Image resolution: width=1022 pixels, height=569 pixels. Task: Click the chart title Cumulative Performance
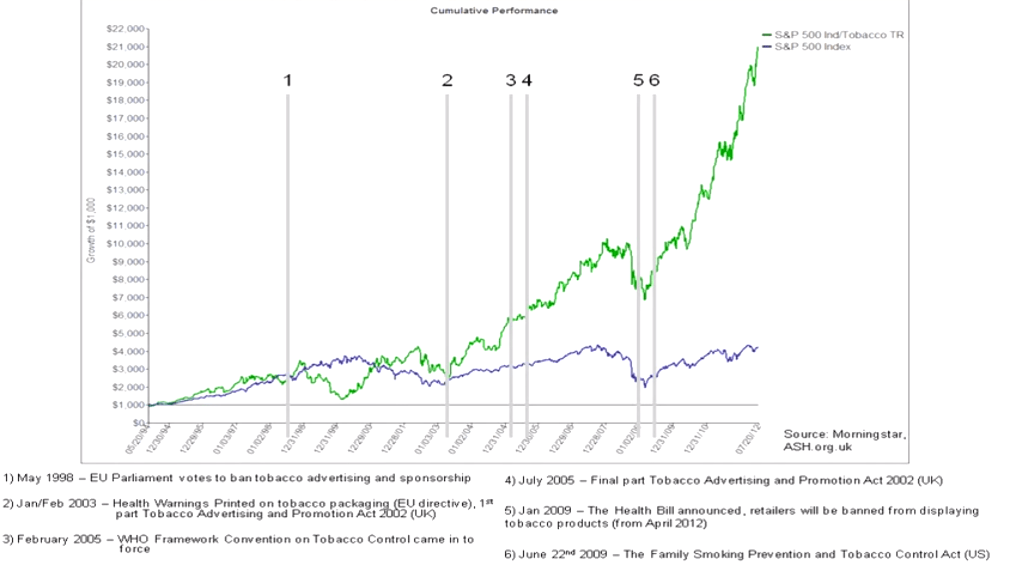click(494, 11)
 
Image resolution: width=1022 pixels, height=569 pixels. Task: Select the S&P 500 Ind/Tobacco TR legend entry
click(839, 35)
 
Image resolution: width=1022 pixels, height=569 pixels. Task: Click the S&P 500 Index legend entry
click(812, 47)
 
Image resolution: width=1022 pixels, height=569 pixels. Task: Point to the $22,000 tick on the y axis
click(125, 29)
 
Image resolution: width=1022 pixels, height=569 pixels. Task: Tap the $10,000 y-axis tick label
click(125, 244)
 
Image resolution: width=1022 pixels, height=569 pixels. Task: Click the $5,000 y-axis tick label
click(127, 333)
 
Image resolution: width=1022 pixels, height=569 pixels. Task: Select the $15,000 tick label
click(125, 154)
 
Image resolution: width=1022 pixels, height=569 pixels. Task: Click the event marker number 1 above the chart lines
click(288, 81)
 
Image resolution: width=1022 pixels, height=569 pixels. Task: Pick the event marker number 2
click(447, 81)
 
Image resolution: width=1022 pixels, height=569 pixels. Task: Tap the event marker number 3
click(511, 81)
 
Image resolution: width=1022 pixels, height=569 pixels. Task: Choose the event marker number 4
click(527, 81)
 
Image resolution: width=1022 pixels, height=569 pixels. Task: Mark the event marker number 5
click(638, 81)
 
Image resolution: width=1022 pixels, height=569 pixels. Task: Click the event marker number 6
click(654, 81)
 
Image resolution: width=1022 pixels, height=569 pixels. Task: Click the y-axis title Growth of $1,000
click(91, 231)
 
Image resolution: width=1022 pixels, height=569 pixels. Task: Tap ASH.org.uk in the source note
click(817, 447)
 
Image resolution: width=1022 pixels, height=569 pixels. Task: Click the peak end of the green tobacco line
click(757, 48)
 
